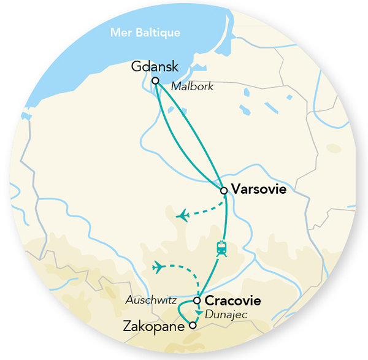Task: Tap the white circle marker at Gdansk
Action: (x=155, y=80)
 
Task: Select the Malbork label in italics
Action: (x=192, y=86)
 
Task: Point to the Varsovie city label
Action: (x=258, y=190)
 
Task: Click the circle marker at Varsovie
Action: (x=224, y=191)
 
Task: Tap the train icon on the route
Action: (x=222, y=249)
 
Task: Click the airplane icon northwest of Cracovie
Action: (x=159, y=267)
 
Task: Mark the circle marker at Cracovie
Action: (x=197, y=301)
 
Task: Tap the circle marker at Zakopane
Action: (x=193, y=326)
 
